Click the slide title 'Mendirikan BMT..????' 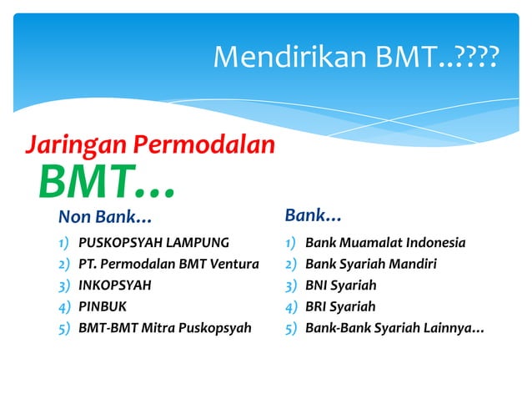(x=356, y=57)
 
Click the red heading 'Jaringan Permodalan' (x=150, y=145)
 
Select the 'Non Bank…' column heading (x=105, y=218)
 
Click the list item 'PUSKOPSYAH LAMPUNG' (x=153, y=244)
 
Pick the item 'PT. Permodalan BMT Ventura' (x=168, y=265)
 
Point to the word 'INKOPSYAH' (x=115, y=285)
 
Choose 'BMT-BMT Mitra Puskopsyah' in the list (x=164, y=327)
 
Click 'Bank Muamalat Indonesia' (x=385, y=244)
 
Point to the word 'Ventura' (x=235, y=265)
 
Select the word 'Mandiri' (x=413, y=265)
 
